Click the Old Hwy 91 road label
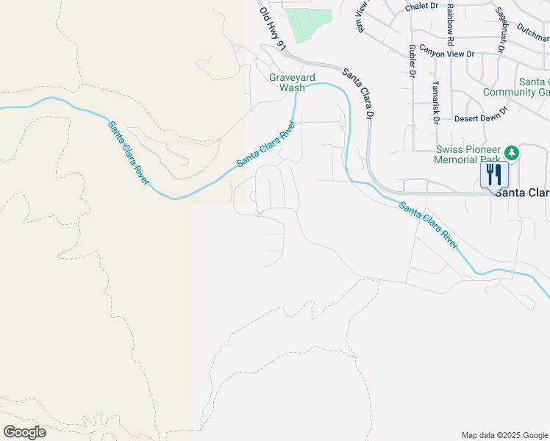click(271, 29)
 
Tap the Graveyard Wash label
click(287, 82)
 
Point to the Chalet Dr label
click(421, 7)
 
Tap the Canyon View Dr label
click(447, 54)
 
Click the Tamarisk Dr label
click(435, 102)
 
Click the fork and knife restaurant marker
click(494, 175)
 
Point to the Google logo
click(24, 431)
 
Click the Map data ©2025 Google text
click(504, 435)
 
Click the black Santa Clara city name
click(523, 193)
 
